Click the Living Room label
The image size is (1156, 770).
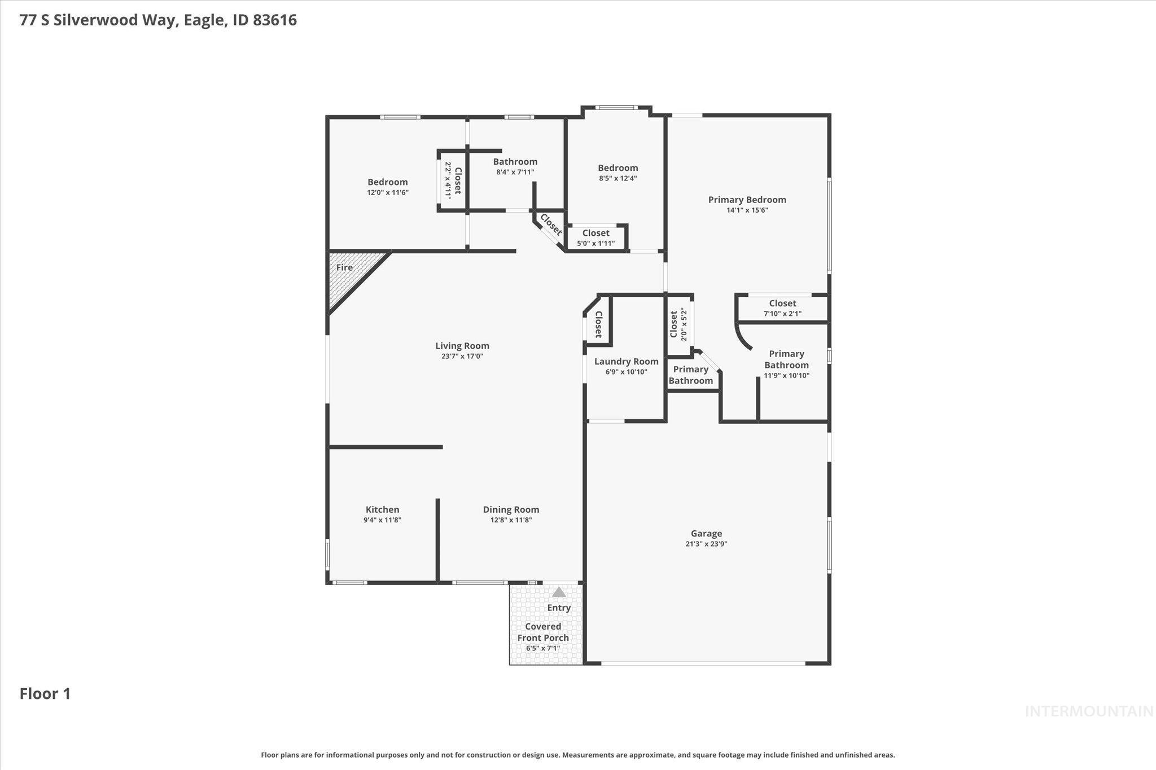point(462,346)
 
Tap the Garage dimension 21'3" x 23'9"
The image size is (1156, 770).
point(706,544)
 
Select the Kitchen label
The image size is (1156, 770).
point(382,509)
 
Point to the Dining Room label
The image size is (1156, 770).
point(511,509)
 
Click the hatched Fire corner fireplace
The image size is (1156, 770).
point(350,276)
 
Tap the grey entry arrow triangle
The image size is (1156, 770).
point(559,592)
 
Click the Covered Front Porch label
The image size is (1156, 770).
point(543,632)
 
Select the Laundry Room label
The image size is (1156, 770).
point(626,362)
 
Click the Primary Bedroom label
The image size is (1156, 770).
point(747,200)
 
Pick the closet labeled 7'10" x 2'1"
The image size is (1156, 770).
point(782,308)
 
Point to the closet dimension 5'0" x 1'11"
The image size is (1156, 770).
point(595,244)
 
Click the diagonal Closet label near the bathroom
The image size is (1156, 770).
point(551,225)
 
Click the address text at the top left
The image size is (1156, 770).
point(158,20)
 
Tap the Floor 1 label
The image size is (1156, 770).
point(45,693)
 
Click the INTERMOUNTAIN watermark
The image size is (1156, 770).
point(1089,711)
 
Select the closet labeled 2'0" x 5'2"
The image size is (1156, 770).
point(678,324)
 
